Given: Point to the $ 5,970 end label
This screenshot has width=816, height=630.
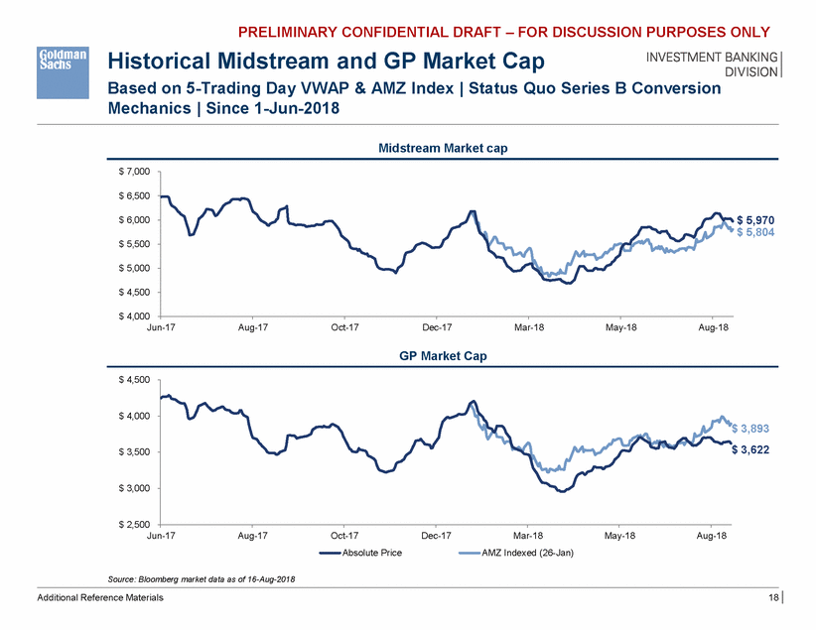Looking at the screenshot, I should (754, 219).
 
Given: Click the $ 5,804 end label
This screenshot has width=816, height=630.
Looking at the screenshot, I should (754, 231).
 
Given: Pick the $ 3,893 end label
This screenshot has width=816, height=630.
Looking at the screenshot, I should (750, 429).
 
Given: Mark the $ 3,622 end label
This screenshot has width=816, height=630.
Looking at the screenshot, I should (750, 449).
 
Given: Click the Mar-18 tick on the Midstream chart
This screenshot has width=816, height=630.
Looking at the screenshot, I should (528, 327).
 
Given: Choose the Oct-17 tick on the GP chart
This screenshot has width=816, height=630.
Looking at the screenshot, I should (343, 535).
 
